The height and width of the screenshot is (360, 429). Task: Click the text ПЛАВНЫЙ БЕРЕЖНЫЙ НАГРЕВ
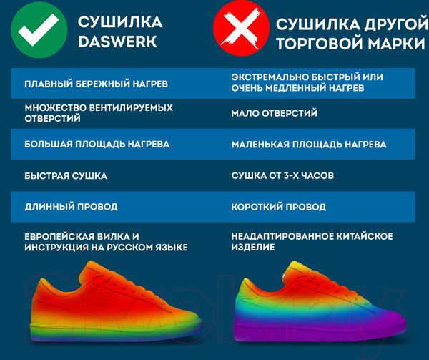click(97, 84)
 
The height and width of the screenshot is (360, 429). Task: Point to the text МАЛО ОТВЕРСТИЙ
click(275, 113)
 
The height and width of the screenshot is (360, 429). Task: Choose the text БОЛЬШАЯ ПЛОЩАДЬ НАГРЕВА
click(97, 144)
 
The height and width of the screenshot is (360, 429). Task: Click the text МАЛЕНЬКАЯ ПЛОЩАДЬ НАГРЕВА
click(309, 144)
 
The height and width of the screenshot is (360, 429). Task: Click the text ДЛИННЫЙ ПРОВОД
click(71, 207)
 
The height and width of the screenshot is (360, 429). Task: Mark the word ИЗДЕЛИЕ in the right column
click(253, 247)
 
